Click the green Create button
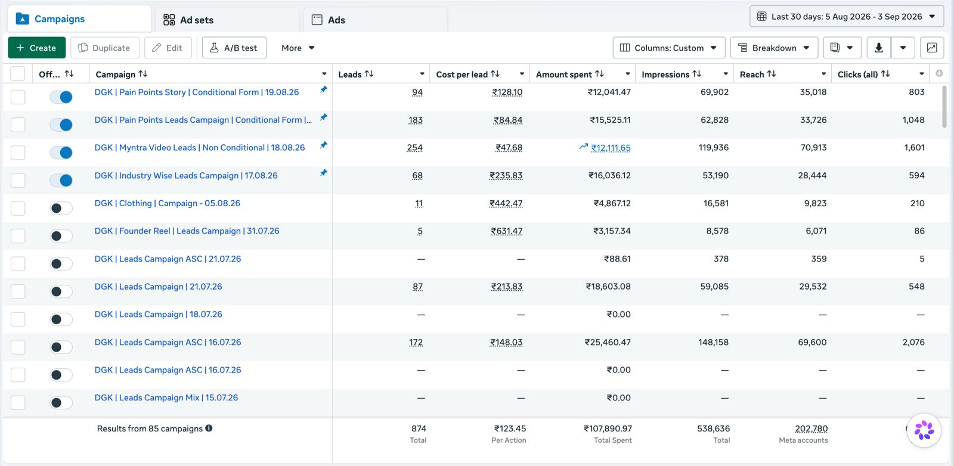tap(36, 48)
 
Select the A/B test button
tap(234, 48)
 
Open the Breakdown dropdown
tap(774, 48)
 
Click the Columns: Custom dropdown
tap(668, 48)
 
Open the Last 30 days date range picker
tap(846, 17)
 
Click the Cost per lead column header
tap(461, 74)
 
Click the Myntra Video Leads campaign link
tap(200, 148)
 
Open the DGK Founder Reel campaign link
tap(187, 231)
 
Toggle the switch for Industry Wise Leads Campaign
tap(61, 181)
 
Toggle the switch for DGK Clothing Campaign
tap(61, 208)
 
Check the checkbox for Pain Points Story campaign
tap(18, 97)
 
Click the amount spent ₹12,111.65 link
tap(611, 148)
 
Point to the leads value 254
tap(415, 148)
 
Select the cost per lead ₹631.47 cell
tap(506, 231)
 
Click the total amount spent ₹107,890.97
tap(608, 428)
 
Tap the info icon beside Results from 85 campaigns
tap(209, 428)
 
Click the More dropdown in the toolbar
tap(298, 48)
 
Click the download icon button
tap(879, 48)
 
